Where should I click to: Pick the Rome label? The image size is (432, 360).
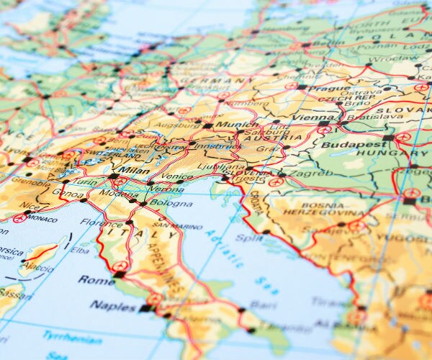(96, 279)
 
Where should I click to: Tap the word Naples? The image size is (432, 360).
(113, 306)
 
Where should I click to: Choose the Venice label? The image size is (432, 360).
(177, 176)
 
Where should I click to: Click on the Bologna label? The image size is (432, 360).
(171, 204)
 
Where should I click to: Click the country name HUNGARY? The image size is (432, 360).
(382, 153)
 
